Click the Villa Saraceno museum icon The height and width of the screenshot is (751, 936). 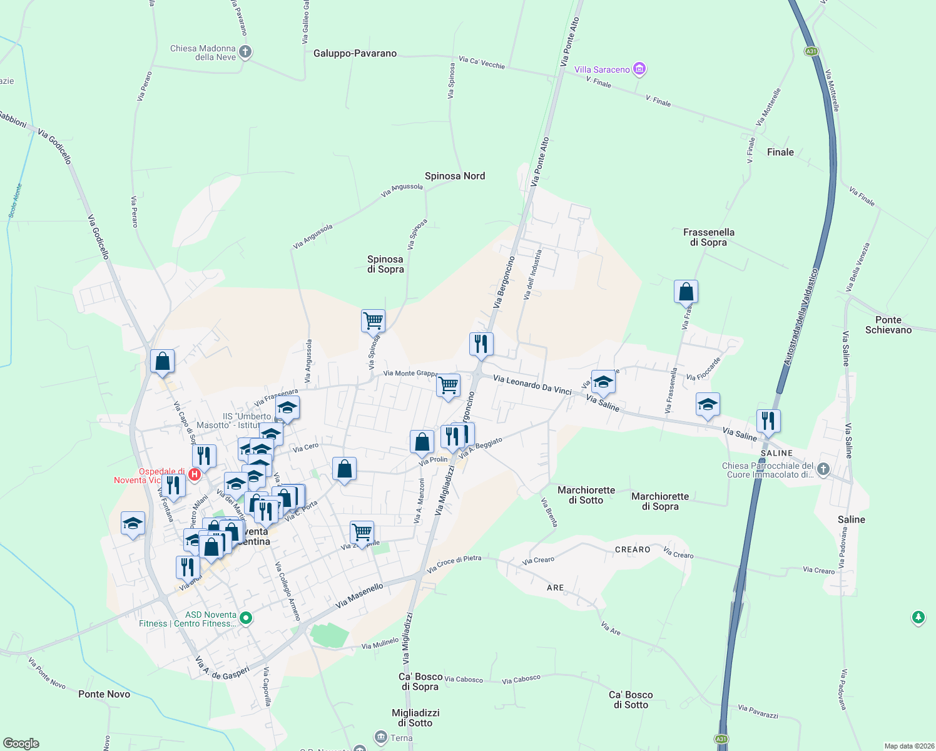tap(639, 69)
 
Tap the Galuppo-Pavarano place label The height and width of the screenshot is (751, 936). tap(355, 54)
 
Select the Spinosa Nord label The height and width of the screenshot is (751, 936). tap(455, 176)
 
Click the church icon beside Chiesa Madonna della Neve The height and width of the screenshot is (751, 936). tap(245, 52)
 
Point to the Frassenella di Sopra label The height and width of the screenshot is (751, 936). tap(708, 237)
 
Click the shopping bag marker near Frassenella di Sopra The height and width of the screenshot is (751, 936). tap(686, 292)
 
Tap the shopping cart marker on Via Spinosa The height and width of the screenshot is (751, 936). tap(373, 320)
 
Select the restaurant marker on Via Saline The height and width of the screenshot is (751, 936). tap(768, 421)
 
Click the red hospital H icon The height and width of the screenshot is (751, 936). tap(195, 475)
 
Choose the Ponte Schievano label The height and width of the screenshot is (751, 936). tap(888, 325)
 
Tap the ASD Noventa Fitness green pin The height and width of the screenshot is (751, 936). tap(246, 618)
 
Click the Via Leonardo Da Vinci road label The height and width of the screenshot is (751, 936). tap(532, 384)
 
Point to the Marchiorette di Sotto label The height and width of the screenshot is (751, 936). tap(586, 495)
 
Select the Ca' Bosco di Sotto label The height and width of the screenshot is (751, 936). tap(631, 700)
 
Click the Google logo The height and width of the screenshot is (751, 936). tap(21, 743)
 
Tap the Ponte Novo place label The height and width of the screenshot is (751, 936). tap(104, 694)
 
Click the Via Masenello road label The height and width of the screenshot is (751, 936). tap(359, 596)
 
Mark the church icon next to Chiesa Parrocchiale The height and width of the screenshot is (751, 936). tap(823, 469)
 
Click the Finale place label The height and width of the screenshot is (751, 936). tap(780, 152)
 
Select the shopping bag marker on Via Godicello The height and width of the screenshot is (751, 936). tap(162, 361)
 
